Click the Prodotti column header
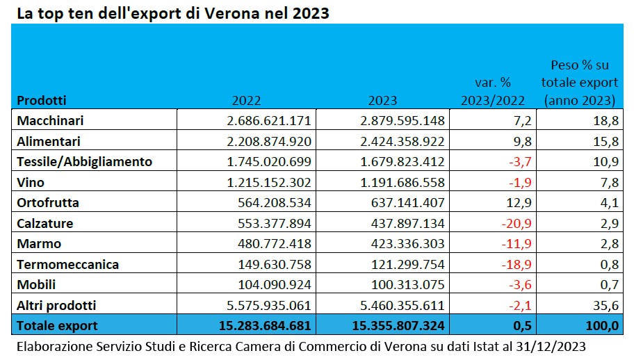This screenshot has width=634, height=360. (x=41, y=100)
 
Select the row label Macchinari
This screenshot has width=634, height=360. (x=50, y=121)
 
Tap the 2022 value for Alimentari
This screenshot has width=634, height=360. (x=268, y=141)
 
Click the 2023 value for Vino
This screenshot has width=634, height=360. (x=403, y=182)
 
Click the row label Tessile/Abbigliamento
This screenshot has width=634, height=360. (x=84, y=162)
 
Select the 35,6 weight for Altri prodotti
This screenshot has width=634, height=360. (x=605, y=305)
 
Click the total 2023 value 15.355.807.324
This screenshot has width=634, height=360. (x=394, y=325)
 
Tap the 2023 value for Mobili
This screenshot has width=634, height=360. (x=403, y=285)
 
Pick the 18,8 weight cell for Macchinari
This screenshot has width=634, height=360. (x=605, y=121)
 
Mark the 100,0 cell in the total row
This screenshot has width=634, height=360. (x=601, y=325)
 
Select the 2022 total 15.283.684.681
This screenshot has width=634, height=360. (x=259, y=325)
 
